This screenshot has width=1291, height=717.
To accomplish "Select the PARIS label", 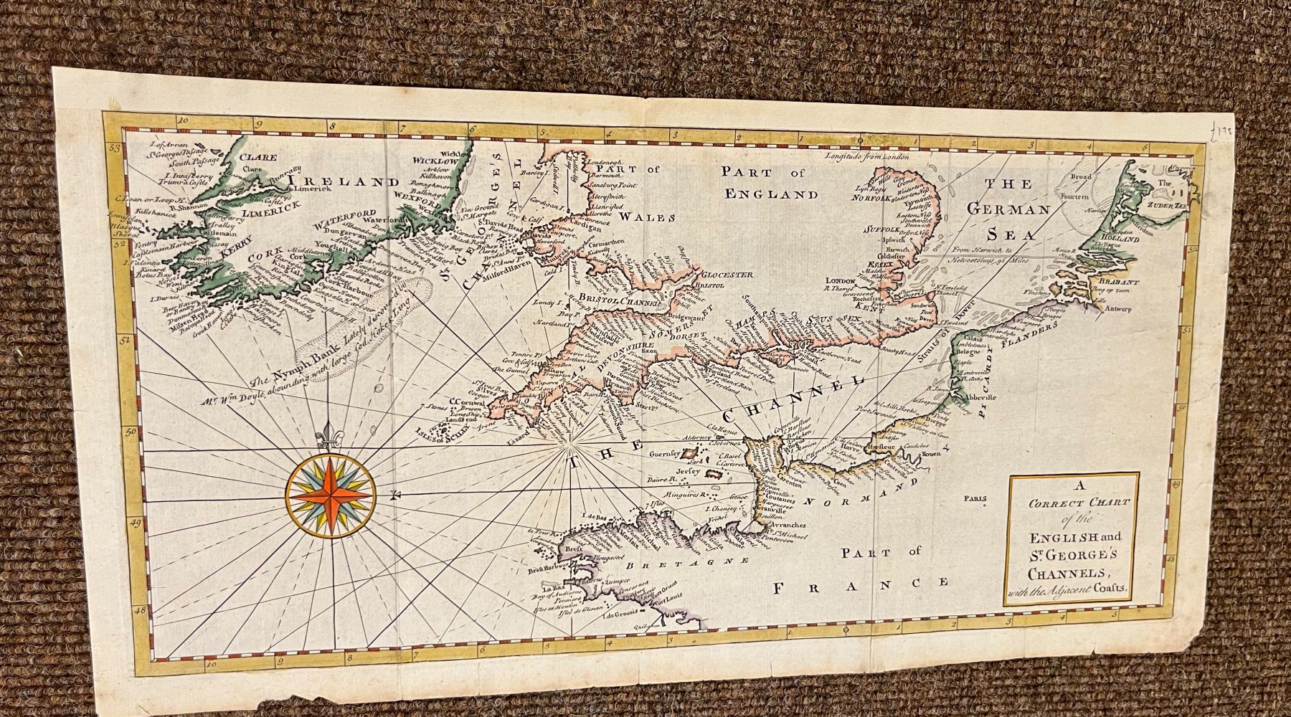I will click(x=975, y=499).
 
